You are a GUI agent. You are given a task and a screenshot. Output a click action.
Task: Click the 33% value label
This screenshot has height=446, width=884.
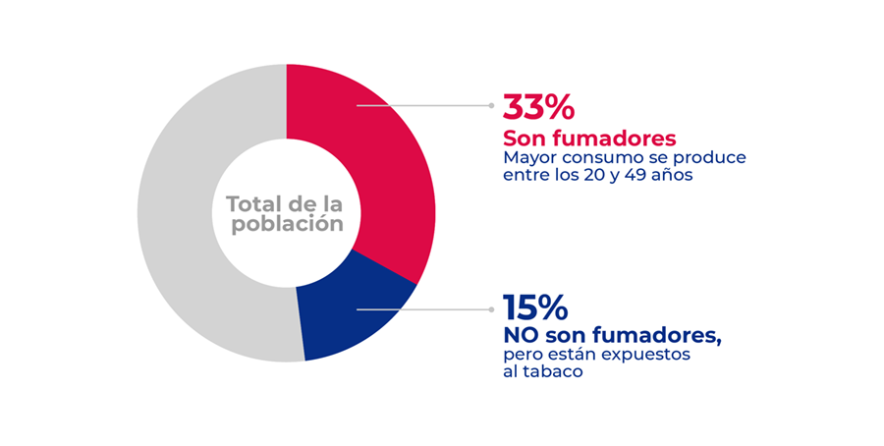(538, 106)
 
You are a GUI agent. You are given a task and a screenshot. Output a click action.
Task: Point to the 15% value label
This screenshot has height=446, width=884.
(534, 308)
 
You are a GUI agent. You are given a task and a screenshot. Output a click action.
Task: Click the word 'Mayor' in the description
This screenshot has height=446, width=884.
(530, 157)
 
